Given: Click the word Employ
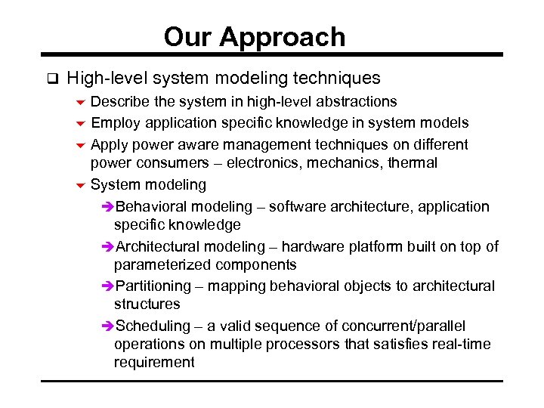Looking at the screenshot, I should pyautogui.click(x=116, y=122).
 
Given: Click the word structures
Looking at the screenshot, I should pyautogui.click(x=147, y=304).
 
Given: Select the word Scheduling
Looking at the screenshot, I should pyautogui.click(x=154, y=326).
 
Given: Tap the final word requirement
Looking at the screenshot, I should pyautogui.click(x=154, y=362).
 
